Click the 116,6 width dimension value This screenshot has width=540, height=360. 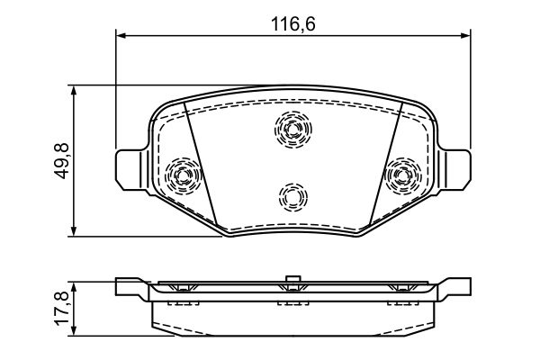(x=294, y=24)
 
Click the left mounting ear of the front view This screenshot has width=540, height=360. (x=131, y=168)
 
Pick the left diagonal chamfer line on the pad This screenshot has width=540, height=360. (x=202, y=162)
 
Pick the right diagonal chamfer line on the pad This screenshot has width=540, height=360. (x=382, y=162)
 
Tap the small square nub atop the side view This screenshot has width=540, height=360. (x=291, y=278)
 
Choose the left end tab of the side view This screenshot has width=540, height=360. (x=131, y=288)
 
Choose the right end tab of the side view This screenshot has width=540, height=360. (x=454, y=288)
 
